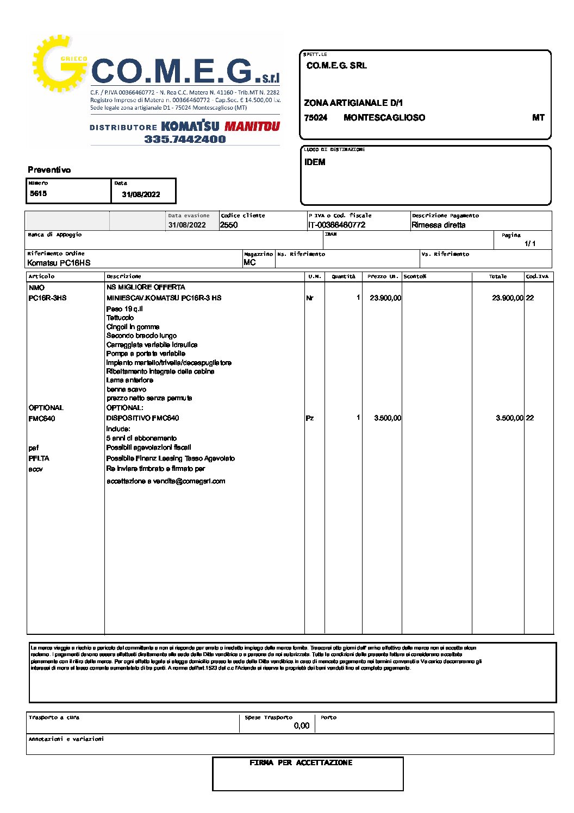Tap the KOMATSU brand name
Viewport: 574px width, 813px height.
point(190,127)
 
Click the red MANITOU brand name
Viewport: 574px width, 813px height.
point(252,127)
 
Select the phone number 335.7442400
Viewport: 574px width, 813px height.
point(185,139)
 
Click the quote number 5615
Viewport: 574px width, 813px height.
point(38,193)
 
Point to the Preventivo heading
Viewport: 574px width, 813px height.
point(49,170)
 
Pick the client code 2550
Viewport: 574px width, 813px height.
point(229,225)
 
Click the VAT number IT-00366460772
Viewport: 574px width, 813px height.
point(336,225)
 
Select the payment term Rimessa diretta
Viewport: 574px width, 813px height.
point(438,225)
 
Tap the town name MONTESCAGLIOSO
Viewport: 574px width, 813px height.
point(384,118)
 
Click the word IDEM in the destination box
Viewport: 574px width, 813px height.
point(315,162)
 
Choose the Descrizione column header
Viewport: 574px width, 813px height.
point(124,276)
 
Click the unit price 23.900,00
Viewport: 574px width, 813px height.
point(385,298)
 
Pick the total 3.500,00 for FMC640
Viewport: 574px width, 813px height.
point(509,418)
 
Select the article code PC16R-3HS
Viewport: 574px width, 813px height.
point(47,298)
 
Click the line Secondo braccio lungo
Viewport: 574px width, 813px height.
point(141,336)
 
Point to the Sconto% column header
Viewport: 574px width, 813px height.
point(415,276)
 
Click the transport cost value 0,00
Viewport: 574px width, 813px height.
point(301,726)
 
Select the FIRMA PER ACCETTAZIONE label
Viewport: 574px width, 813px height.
point(301,763)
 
